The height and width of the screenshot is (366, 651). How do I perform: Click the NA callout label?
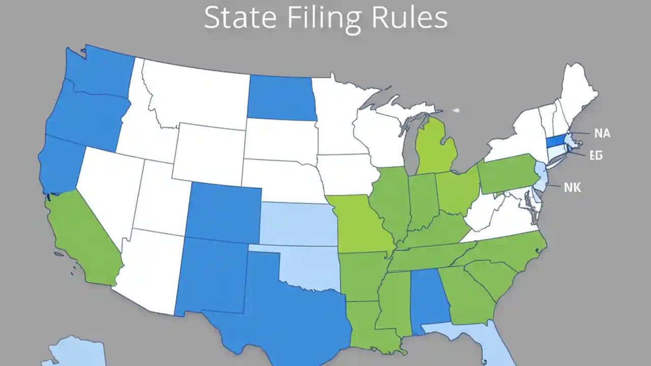click(602, 133)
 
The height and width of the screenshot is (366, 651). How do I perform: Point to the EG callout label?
click(596, 156)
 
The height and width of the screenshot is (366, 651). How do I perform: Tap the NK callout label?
click(572, 188)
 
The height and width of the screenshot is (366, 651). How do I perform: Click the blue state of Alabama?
click(428, 300)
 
